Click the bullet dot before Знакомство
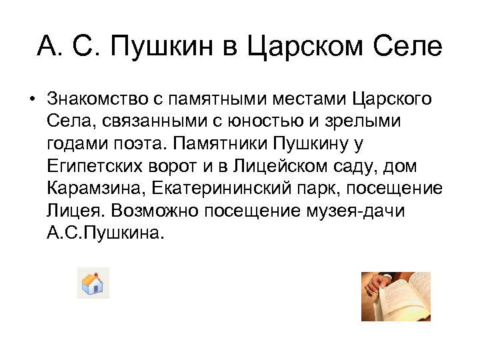pos(31,100)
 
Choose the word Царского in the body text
pos(387,100)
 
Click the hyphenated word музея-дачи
pos(365,211)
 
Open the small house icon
pos(93,283)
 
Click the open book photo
pos(395,296)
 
